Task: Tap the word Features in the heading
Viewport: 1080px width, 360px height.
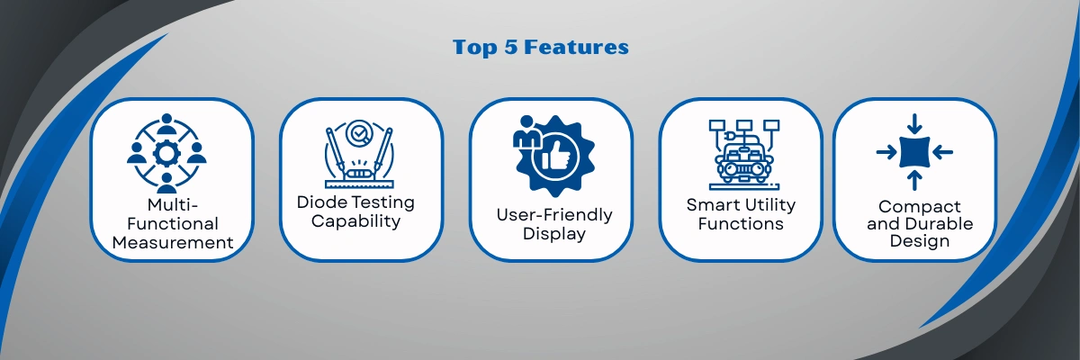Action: (576, 47)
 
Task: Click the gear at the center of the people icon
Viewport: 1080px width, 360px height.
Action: (166, 153)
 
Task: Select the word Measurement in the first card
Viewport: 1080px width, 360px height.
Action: (173, 242)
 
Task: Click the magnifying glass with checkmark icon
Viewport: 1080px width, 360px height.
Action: (358, 133)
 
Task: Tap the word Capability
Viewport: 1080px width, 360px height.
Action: (355, 221)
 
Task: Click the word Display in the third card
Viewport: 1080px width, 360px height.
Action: (554, 234)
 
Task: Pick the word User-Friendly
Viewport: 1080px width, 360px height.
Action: (554, 214)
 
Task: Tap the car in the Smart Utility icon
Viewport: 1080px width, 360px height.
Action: (743, 162)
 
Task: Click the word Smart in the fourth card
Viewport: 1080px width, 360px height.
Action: (712, 205)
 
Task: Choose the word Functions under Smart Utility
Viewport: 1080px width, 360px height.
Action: (741, 223)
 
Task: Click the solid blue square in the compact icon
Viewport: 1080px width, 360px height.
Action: (914, 152)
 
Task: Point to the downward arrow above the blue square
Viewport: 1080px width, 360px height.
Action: (914, 124)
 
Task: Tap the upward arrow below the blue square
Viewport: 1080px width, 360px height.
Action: (914, 181)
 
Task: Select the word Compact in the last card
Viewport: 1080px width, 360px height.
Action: (920, 207)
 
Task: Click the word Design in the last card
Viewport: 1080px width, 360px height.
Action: (920, 240)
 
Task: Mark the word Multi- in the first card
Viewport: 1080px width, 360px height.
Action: (173, 205)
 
